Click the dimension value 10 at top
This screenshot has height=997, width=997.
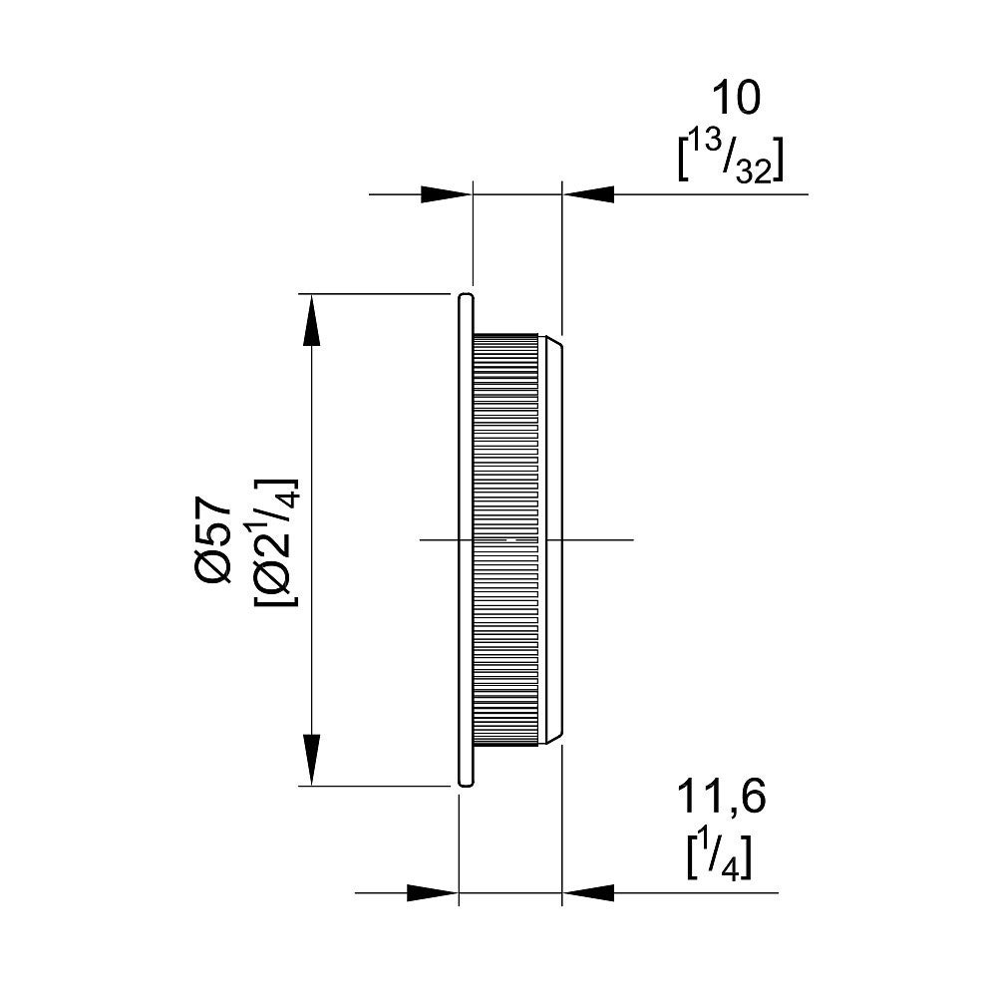736,99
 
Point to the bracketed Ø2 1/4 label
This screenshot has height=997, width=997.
276,541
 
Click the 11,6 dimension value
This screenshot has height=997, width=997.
721,798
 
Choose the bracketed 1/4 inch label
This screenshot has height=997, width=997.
719,857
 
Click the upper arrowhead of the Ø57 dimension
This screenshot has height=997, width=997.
311,320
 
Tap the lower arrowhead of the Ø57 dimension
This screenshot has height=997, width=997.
311,760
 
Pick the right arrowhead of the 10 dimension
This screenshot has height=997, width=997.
589,194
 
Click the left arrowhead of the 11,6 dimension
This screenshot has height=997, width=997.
433,892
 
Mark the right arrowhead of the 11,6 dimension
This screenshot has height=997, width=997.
589,892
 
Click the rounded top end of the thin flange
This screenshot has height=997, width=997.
466,296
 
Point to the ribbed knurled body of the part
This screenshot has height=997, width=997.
506,539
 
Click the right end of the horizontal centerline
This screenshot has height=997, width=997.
633,539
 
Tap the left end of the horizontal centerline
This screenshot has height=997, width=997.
421,539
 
